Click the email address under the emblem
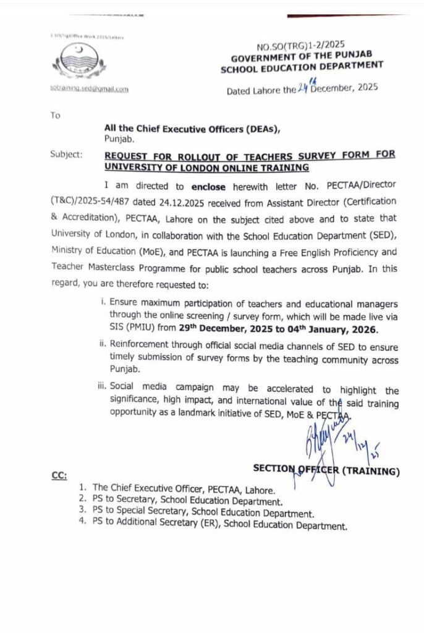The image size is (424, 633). pos(89,89)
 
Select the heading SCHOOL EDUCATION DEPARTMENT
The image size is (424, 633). pos(302,66)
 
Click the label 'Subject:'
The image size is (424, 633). pos(66,155)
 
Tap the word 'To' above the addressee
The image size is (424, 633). pos(56,115)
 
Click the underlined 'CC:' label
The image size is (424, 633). pos(59,475)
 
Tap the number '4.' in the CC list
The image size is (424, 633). pos(82,526)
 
